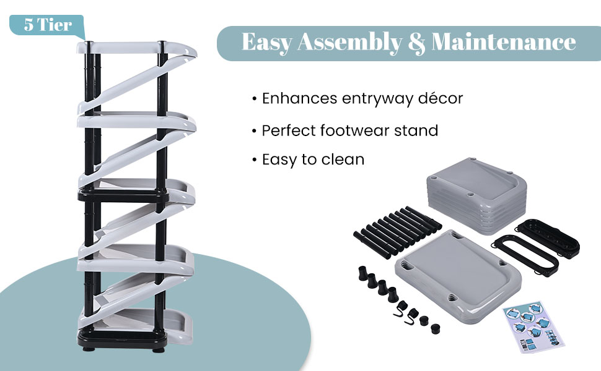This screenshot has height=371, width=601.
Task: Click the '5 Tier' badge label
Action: (48, 25)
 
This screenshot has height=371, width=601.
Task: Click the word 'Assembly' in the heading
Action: (349, 42)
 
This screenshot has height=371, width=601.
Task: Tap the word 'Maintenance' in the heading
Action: (504, 41)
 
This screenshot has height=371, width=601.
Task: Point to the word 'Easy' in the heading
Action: (267, 42)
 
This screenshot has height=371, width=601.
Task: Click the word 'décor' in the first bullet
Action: (441, 98)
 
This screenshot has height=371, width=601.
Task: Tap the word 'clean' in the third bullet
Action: (343, 160)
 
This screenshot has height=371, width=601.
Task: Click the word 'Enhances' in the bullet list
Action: (299, 98)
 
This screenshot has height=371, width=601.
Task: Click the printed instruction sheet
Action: (533, 326)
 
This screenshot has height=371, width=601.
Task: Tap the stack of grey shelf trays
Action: (476, 195)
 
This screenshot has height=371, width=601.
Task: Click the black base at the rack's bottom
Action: (123, 339)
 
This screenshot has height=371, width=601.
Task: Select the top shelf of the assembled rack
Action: (136, 49)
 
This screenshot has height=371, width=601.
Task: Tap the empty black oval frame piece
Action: (525, 254)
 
